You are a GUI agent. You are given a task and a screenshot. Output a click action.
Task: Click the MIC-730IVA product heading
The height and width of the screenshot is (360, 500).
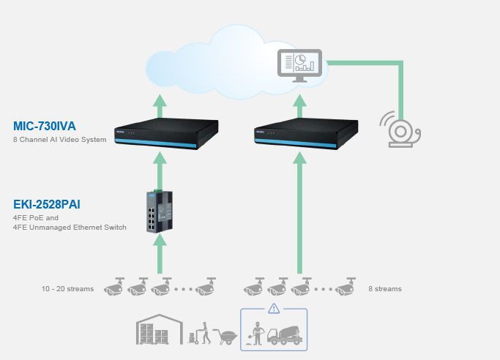point(45,126)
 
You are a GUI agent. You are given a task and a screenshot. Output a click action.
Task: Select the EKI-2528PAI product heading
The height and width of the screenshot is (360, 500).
point(47,204)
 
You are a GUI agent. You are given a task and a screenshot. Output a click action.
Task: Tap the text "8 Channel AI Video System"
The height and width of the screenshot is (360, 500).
point(59,140)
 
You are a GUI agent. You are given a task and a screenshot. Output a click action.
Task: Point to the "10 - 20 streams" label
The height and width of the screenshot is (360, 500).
point(67,289)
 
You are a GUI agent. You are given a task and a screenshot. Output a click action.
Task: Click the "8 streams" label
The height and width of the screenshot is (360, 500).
point(385,289)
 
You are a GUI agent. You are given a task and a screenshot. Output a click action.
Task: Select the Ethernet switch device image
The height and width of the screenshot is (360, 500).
point(160,211)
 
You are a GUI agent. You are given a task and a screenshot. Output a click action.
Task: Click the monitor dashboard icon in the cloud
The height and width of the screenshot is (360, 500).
point(299,66)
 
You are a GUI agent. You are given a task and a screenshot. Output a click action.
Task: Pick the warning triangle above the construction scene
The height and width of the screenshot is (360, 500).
point(274,308)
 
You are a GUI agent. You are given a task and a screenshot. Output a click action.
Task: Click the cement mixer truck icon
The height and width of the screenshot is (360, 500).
point(285,335)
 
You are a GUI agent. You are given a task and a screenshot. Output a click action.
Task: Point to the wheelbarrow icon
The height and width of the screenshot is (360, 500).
point(225,337)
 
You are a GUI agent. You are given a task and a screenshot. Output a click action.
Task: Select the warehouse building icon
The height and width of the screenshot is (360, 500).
point(160,329)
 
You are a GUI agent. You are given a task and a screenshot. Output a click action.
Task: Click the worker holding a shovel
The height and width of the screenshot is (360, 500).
point(257,334)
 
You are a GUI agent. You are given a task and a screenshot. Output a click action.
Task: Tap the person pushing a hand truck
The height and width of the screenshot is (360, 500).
point(200,333)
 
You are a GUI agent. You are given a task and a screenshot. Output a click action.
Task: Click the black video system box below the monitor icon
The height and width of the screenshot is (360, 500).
point(306,133)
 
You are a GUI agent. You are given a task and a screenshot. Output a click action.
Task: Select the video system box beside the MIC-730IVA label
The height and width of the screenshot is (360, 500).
point(166,133)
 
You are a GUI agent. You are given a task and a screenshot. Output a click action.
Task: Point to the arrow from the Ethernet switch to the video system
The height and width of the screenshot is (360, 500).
point(160,170)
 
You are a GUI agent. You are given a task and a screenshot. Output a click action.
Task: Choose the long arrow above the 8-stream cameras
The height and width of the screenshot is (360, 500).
point(299,212)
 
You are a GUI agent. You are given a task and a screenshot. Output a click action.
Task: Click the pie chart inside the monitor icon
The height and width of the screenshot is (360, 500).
point(300,59)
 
